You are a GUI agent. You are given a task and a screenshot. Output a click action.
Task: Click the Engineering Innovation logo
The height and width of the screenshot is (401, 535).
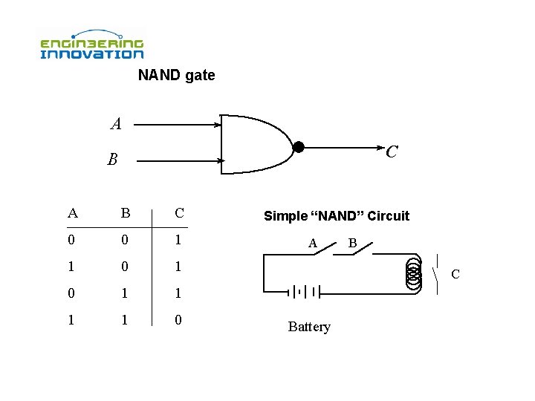click(91, 45)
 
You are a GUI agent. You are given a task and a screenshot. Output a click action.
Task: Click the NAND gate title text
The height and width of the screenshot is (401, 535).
click(176, 75)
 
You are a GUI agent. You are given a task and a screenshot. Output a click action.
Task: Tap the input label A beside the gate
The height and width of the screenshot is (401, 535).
click(115, 124)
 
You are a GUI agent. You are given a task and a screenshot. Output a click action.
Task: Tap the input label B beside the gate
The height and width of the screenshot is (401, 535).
click(111, 160)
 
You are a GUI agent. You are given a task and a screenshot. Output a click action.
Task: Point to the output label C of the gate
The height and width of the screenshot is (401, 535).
click(392, 151)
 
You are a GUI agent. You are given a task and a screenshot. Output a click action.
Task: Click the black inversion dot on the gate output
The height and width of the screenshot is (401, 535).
click(298, 147)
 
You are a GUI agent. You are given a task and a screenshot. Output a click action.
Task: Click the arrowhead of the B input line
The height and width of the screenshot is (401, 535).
click(221, 160)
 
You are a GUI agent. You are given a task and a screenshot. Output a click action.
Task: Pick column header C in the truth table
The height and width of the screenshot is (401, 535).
click(179, 214)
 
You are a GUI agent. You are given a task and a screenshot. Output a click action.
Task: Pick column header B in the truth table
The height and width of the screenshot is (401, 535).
click(126, 214)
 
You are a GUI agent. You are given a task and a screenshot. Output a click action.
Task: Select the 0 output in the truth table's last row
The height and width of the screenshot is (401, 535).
click(179, 320)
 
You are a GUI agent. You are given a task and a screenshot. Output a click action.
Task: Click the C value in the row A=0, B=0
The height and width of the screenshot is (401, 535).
click(179, 241)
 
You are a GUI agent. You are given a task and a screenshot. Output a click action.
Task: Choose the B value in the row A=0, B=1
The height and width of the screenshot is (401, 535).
click(126, 293)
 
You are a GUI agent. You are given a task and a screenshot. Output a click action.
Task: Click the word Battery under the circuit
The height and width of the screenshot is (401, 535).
click(309, 327)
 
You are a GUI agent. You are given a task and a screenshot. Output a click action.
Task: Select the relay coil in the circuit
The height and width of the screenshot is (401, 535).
click(412, 274)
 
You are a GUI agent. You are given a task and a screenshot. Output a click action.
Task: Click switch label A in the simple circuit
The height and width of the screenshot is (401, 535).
click(313, 242)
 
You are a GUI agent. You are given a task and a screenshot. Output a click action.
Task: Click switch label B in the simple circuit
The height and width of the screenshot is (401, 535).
click(353, 242)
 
